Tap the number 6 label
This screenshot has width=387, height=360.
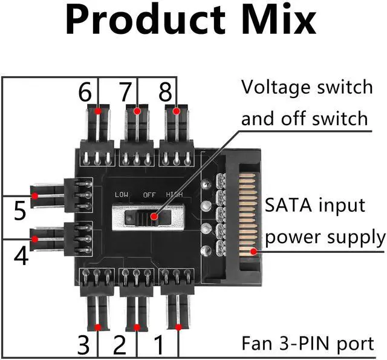coord(85,93)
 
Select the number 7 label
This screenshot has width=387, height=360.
coord(125,93)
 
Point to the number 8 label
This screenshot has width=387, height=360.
coord(165,93)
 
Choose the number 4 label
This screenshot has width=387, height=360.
coord(19,256)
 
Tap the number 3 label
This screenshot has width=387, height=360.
coord(84,344)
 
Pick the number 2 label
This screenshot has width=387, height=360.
coord(120,344)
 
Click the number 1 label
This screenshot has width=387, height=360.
coord(159,344)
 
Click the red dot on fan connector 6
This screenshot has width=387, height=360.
coord(98,111)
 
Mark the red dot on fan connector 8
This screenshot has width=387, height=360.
coord(177,111)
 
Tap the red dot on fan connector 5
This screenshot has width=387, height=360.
coord(36,195)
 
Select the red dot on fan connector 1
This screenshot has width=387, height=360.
coord(178,327)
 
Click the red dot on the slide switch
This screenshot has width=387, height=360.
coord(154,217)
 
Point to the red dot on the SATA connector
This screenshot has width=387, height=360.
coord(254,251)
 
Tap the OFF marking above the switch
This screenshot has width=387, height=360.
coord(150,195)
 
